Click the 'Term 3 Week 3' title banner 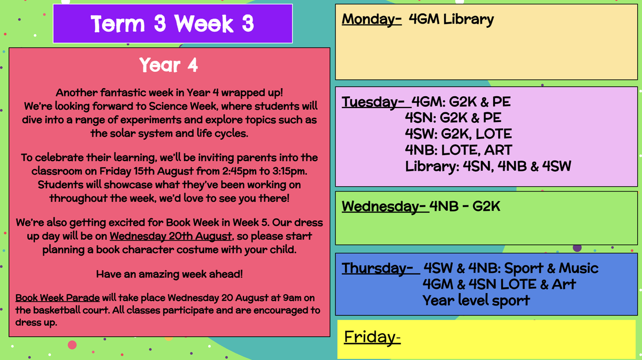[x=172, y=24]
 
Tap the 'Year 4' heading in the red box [x=169, y=65]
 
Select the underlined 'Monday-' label [x=371, y=19]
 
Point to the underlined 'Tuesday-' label [x=373, y=102]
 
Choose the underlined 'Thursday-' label [x=377, y=269]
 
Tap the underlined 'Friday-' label [x=372, y=337]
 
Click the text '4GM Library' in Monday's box [x=451, y=19]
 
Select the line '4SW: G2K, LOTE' [x=458, y=134]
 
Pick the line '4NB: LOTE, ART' [x=458, y=150]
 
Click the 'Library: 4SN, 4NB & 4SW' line [x=488, y=166]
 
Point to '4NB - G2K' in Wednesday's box [x=464, y=206]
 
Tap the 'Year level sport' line [x=476, y=301]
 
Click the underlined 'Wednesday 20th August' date [x=171, y=236]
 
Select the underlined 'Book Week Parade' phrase [x=57, y=298]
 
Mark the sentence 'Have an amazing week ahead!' [x=170, y=274]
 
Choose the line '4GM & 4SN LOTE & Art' [x=499, y=285]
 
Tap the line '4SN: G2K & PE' [x=453, y=118]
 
